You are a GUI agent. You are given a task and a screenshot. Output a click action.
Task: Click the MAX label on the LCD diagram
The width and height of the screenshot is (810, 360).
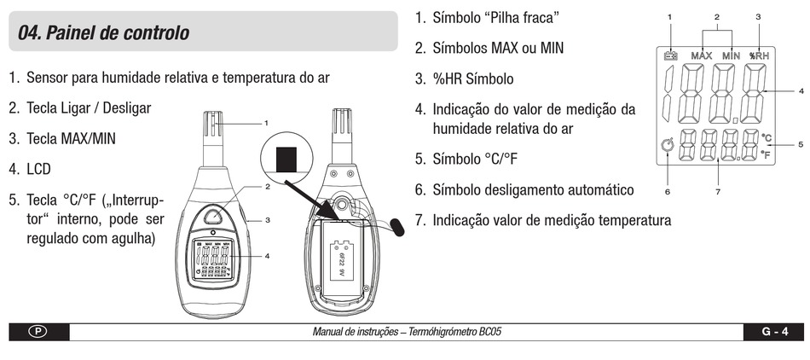click(x=702, y=55)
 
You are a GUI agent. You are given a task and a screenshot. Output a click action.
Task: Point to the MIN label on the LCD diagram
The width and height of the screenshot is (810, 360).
click(x=731, y=55)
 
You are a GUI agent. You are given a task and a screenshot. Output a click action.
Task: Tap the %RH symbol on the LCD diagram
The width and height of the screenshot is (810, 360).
click(x=759, y=55)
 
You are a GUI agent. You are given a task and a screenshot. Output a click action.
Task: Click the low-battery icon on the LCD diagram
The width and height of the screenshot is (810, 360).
click(x=671, y=55)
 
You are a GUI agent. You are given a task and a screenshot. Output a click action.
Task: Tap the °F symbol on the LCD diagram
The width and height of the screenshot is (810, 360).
click(x=767, y=155)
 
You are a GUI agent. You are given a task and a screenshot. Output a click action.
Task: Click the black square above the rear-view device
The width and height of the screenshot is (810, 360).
click(x=287, y=159)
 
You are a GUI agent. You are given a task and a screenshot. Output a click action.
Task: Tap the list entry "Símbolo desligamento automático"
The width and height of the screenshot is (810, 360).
click(x=533, y=189)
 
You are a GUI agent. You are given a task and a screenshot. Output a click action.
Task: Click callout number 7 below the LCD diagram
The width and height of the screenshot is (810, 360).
click(x=718, y=192)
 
